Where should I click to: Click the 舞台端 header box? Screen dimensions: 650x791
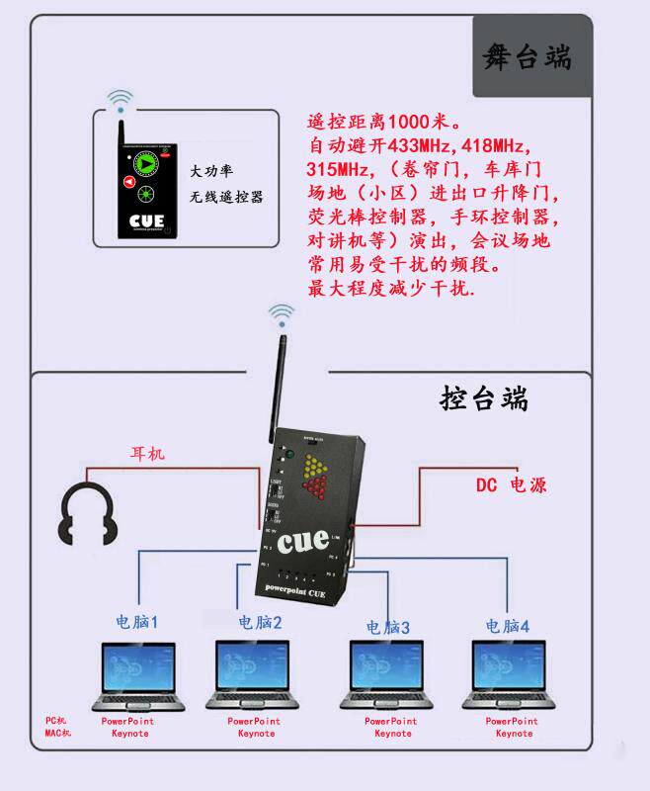(528, 57)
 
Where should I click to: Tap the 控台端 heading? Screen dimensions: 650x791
(484, 399)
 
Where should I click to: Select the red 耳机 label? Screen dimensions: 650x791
(148, 454)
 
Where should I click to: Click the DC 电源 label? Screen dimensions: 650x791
(511, 485)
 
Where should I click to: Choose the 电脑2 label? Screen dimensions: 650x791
(261, 623)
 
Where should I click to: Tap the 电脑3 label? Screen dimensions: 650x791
(387, 627)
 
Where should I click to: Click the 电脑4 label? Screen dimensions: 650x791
(507, 626)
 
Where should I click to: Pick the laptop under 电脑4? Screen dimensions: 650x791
(513, 676)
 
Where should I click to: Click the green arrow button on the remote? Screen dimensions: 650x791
(146, 163)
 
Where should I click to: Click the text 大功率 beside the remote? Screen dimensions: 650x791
(212, 171)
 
